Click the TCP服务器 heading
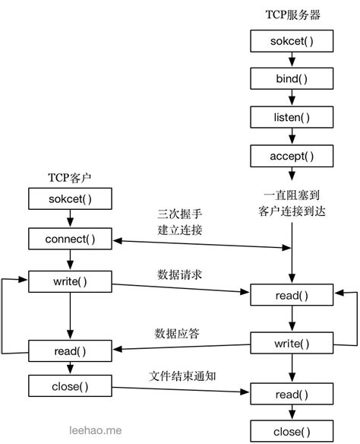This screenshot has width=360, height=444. tap(292, 15)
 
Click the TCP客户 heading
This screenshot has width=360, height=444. tap(70, 179)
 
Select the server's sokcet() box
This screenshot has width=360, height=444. tap(292, 40)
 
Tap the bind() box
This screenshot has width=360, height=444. tap(292, 78)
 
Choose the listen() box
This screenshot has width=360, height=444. tap(292, 117)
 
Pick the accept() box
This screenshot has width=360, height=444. tap(292, 156)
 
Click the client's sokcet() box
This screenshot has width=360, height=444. tap(70, 200)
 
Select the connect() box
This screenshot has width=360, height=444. tap(70, 239)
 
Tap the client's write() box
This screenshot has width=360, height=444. tap(70, 281)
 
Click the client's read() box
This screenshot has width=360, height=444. tap(70, 350)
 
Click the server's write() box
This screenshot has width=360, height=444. tap(292, 344)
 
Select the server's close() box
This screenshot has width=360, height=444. tap(292, 432)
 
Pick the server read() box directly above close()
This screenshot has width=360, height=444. tap(292, 393)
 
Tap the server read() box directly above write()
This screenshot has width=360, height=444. tap(292, 295)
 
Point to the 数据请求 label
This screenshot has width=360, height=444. tap(178, 273)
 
